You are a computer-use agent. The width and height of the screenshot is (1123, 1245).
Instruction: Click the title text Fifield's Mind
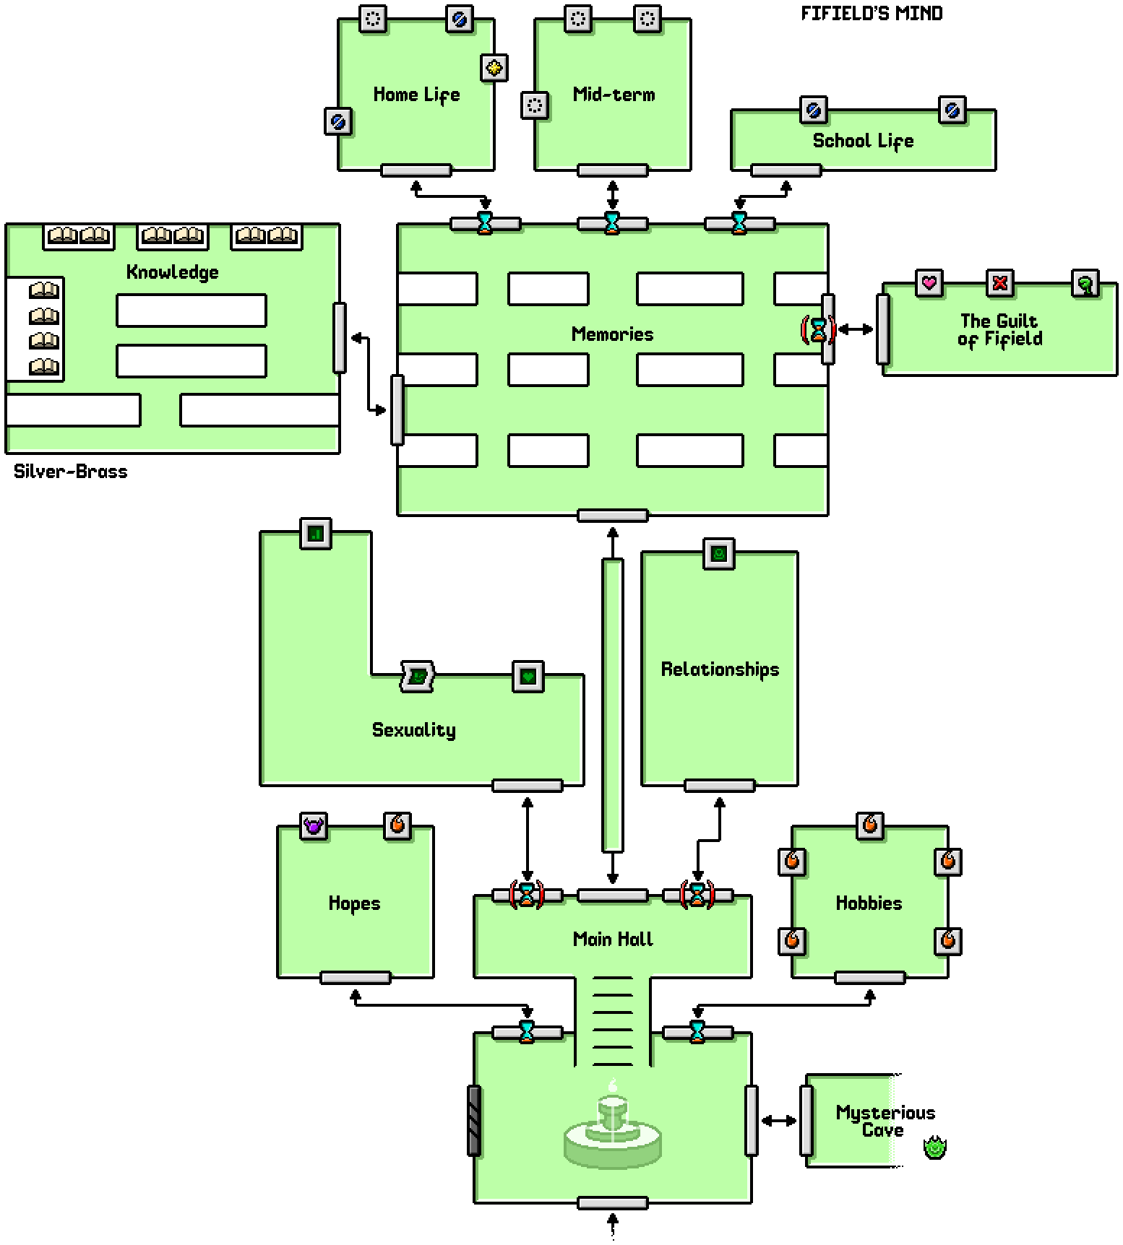pyautogui.click(x=872, y=14)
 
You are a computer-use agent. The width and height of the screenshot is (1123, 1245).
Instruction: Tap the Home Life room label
pyautogui.click(x=416, y=95)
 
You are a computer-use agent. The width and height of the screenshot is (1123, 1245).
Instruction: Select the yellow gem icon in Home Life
pyautogui.click(x=495, y=68)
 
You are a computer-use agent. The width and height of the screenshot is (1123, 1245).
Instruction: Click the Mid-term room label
pyautogui.click(x=614, y=95)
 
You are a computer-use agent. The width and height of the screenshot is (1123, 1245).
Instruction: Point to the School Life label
pyautogui.click(x=863, y=141)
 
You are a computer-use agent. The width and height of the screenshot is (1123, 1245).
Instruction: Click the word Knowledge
pyautogui.click(x=172, y=272)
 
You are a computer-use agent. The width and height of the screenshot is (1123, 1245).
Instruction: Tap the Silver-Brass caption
pyautogui.click(x=71, y=472)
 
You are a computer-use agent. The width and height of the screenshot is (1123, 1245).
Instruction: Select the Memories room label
pyautogui.click(x=612, y=334)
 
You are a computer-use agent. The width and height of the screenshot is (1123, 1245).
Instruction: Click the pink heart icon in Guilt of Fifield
pyautogui.click(x=929, y=282)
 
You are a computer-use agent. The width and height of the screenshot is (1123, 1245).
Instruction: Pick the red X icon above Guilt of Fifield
pyautogui.click(x=1000, y=282)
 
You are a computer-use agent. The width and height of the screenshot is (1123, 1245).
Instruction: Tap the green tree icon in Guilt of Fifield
pyautogui.click(x=1085, y=284)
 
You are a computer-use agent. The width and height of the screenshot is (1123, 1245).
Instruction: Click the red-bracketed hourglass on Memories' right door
pyautogui.click(x=818, y=330)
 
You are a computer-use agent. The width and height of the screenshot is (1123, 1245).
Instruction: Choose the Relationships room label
pyautogui.click(x=720, y=669)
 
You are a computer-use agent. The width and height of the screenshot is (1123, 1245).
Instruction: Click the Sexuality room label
pyautogui.click(x=413, y=730)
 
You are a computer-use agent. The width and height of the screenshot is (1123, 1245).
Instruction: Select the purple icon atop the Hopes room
pyautogui.click(x=313, y=825)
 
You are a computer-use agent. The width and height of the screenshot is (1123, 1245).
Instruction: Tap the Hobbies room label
pyautogui.click(x=869, y=903)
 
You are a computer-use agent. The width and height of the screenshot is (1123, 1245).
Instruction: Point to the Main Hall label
pyautogui.click(x=613, y=939)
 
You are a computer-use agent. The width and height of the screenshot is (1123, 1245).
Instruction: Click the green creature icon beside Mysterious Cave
pyautogui.click(x=934, y=1147)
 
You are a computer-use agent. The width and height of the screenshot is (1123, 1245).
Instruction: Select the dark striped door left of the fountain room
pyautogui.click(x=474, y=1120)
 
